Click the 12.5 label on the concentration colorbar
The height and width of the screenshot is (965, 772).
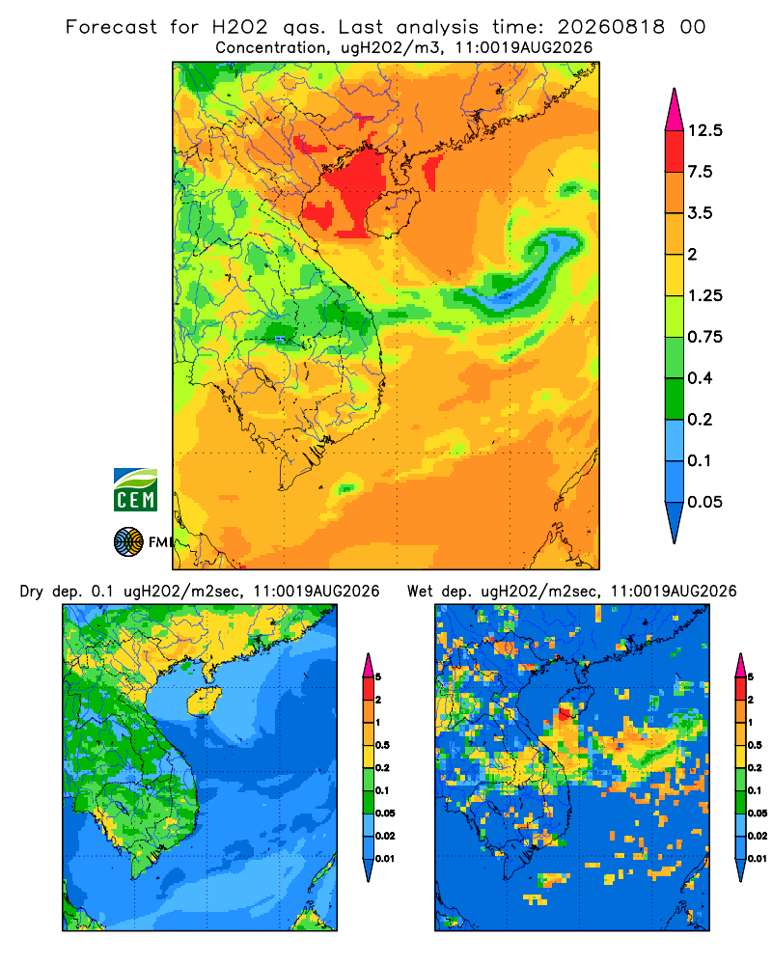tap(704, 130)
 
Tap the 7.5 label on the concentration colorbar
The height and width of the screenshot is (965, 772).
tap(700, 172)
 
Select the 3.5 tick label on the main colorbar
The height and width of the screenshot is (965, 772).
tap(700, 213)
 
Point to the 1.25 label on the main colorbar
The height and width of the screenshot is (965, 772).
tap(704, 295)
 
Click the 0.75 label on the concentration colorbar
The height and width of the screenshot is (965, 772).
tap(704, 337)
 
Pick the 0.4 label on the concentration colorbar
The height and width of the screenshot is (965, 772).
tap(700, 378)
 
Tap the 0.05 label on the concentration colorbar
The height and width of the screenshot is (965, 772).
tap(704, 502)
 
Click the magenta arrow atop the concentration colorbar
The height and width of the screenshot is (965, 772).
tap(675, 112)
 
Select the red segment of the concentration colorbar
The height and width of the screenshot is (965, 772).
tap(675, 152)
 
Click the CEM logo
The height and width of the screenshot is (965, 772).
tap(135, 490)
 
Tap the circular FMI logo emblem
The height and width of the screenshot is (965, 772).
tap(128, 541)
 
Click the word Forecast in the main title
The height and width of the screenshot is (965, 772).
tap(111, 27)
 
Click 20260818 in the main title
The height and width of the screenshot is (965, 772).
tap(611, 27)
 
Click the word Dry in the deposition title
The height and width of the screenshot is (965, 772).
tap(32, 592)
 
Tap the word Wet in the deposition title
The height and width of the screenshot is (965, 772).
tap(421, 592)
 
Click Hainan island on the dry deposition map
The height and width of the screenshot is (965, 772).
tap(205, 701)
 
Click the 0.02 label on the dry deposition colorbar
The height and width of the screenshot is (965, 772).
tap(385, 836)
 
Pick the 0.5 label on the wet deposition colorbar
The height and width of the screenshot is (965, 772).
tap(755, 745)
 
